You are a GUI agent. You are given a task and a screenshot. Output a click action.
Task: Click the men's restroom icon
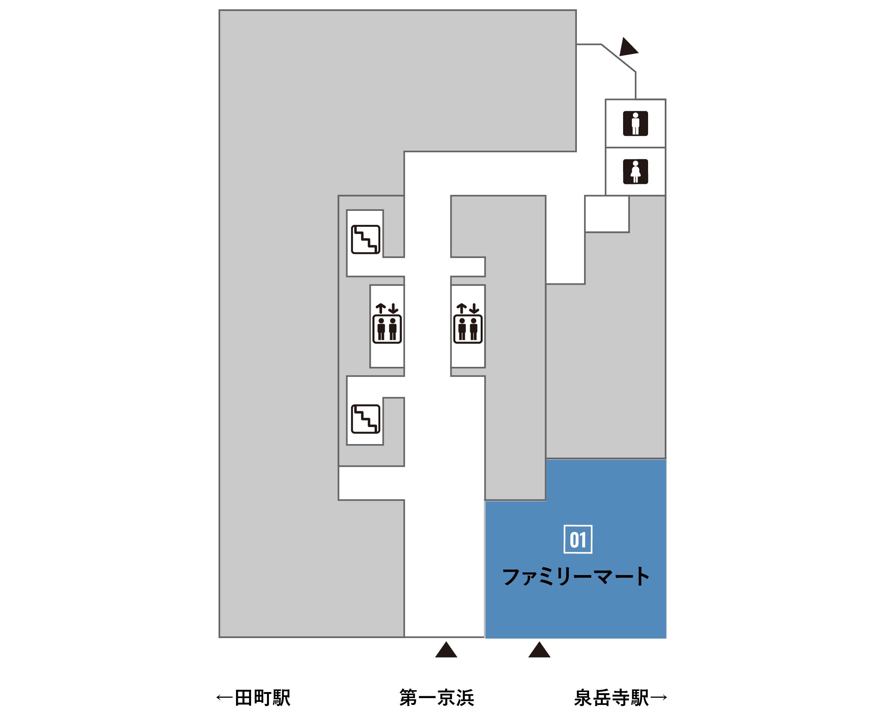(635, 123)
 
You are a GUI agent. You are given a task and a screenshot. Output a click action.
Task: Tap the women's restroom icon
(635, 171)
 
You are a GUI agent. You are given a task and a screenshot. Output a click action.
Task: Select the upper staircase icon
(366, 239)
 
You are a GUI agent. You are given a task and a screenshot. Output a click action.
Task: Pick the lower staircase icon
(366, 419)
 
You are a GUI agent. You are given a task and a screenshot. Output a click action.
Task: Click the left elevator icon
(387, 323)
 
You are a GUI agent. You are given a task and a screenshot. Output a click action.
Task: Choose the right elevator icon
(468, 323)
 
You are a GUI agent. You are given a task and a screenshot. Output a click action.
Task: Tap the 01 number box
(578, 539)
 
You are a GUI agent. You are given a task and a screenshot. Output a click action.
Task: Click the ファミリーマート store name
(576, 577)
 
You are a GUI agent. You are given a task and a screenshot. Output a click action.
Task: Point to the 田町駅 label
(262, 698)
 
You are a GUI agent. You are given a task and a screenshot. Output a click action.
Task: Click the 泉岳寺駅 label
(611, 698)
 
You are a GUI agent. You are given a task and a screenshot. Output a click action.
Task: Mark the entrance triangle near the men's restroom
(628, 47)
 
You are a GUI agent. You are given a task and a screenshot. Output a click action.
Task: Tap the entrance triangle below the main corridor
(446, 650)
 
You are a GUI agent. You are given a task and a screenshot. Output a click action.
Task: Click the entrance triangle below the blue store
(539, 650)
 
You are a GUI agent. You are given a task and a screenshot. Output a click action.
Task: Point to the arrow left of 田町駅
(225, 698)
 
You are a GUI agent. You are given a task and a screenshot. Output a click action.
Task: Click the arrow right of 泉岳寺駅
(659, 698)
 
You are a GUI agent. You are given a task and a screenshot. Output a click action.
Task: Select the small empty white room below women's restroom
(607, 214)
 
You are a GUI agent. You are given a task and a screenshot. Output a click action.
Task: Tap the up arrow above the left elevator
(381, 309)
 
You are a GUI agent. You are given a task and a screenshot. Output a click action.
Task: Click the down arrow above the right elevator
(474, 309)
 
